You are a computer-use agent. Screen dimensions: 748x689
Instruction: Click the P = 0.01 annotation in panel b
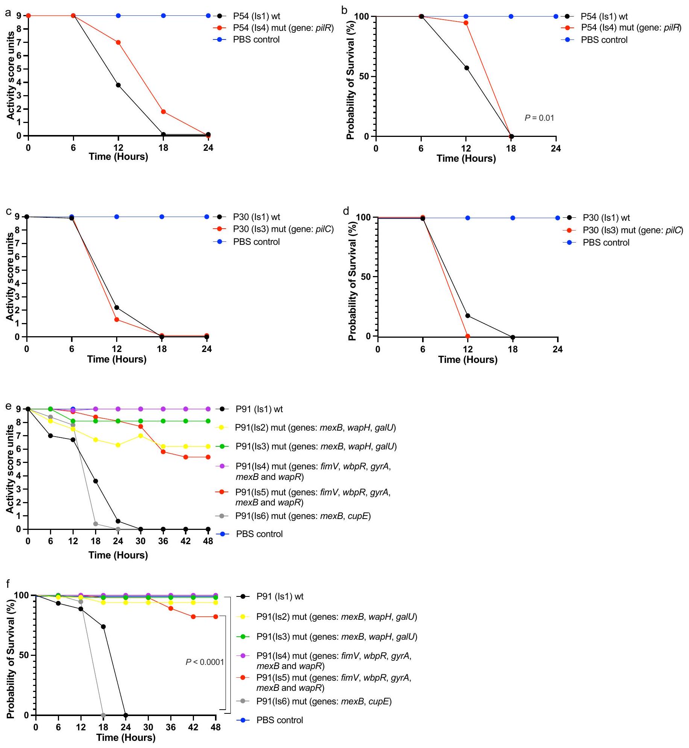click(539, 118)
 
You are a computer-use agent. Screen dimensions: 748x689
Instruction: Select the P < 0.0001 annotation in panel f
click(205, 662)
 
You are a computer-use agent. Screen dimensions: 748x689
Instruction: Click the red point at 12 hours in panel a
click(118, 42)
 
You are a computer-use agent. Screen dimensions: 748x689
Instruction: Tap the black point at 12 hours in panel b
click(466, 68)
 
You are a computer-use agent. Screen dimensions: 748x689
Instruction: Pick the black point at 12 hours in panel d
click(468, 316)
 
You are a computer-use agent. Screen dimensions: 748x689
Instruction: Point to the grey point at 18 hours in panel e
click(95, 524)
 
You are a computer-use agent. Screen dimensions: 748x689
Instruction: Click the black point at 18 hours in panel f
click(103, 627)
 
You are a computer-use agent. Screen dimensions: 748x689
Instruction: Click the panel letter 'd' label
click(346, 211)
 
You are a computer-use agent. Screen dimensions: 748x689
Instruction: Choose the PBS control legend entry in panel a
click(256, 39)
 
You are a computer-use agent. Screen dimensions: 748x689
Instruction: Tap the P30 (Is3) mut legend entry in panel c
click(283, 229)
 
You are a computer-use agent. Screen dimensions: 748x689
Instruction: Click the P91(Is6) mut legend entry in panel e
click(303, 516)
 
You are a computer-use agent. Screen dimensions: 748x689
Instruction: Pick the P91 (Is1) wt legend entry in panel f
click(280, 596)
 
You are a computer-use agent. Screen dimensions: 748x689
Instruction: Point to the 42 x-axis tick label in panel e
click(186, 541)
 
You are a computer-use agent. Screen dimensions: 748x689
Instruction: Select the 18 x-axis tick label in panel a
click(163, 148)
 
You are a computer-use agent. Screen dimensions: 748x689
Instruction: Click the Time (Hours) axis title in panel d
click(468, 360)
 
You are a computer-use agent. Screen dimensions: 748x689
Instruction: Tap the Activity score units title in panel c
click(10, 276)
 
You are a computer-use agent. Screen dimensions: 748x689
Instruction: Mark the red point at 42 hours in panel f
click(193, 617)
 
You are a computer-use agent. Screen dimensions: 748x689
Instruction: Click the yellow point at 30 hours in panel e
click(141, 435)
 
